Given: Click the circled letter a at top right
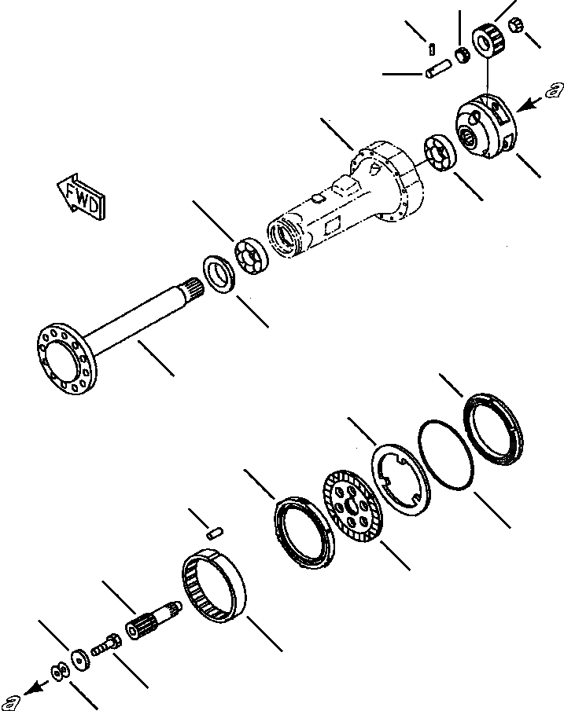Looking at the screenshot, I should click(552, 90).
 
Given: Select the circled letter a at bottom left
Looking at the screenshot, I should click(10, 701).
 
